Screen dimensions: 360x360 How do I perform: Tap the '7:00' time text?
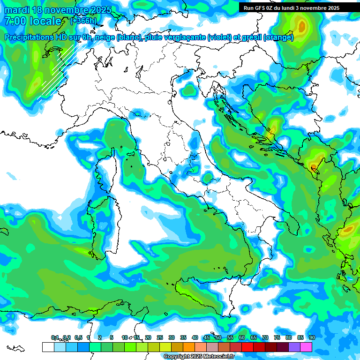pyautogui.click(x=15, y=21)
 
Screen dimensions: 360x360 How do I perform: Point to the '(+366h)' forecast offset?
pyautogui.click(x=84, y=21)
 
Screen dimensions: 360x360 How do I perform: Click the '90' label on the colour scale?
pyautogui.click(x=312, y=337)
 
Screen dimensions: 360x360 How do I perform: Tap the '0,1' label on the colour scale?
pyautogui.click(x=55, y=337)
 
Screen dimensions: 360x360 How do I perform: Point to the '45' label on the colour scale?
pyautogui.click(x=207, y=337)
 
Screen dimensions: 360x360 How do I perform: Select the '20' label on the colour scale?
pyautogui.click(x=148, y=337)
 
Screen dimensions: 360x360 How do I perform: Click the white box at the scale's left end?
pyautogui.click(x=48, y=347)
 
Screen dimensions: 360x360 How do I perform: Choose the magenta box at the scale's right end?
pyautogui.click(x=306, y=347)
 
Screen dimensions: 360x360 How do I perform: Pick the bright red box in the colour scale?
pyautogui.click(x=247, y=347)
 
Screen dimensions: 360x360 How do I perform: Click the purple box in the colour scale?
pyautogui.click(x=294, y=347)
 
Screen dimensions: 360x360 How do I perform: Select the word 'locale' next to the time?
pyautogui.click(x=45, y=21)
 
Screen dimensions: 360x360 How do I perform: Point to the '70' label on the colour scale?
pyautogui.click(x=265, y=337)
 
